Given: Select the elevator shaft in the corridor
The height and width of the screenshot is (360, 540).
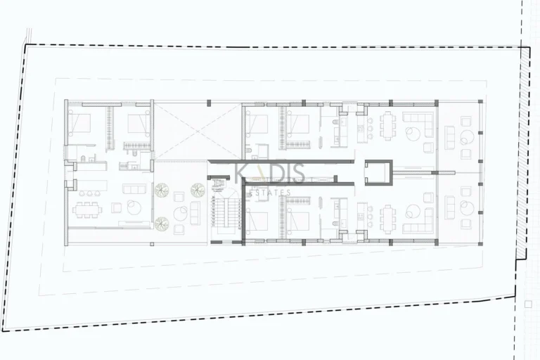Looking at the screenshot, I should [378, 172].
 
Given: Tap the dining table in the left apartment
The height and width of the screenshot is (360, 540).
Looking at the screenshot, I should [86, 209].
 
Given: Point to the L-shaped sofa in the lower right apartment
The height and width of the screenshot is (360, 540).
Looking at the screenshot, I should [419, 220].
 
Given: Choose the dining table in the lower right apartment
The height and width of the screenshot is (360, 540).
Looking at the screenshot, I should [389, 217].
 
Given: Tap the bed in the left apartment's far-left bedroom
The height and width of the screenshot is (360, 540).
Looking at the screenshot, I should [79, 124].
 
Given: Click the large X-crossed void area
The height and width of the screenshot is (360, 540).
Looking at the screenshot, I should [198, 131].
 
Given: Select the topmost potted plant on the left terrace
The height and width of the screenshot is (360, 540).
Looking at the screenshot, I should [162, 190].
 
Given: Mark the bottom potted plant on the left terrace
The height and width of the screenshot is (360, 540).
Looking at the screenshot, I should [162, 224].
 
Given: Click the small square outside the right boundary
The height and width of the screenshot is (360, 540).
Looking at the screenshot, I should [527, 304].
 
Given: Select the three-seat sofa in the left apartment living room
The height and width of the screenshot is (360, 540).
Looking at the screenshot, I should [134, 189].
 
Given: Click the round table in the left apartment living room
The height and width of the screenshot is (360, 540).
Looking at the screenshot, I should [134, 207].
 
